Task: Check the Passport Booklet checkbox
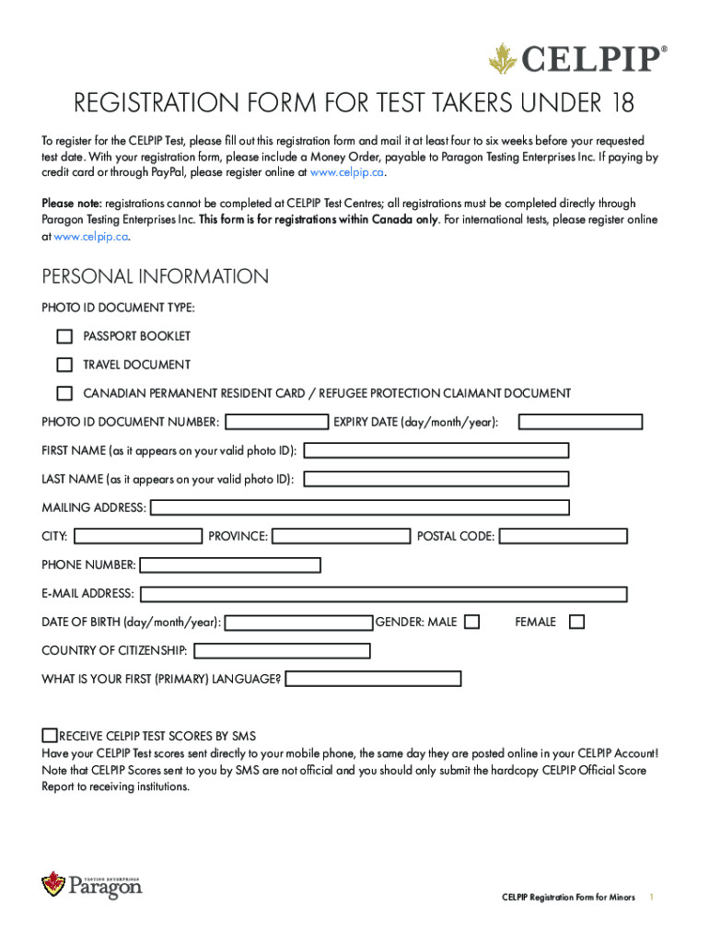pyautogui.click(x=64, y=336)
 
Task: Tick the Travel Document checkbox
pyautogui.click(x=64, y=365)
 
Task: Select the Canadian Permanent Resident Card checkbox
pyautogui.click(x=64, y=393)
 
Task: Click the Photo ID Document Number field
pyautogui.click(x=277, y=422)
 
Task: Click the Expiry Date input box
pyautogui.click(x=580, y=422)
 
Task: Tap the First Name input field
pyautogui.click(x=436, y=450)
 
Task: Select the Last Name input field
pyautogui.click(x=436, y=479)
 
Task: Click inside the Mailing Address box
pyautogui.click(x=360, y=507)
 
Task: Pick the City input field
pyautogui.click(x=138, y=536)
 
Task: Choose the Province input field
pyautogui.click(x=342, y=536)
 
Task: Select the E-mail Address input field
pyautogui.click(x=384, y=594)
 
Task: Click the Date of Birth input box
pyautogui.click(x=299, y=623)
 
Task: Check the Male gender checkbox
pyautogui.click(x=472, y=623)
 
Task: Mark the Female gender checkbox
pyautogui.click(x=577, y=623)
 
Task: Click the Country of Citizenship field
pyautogui.click(x=283, y=651)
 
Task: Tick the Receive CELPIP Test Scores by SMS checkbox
pyautogui.click(x=50, y=735)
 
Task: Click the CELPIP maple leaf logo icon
pyautogui.click(x=503, y=60)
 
